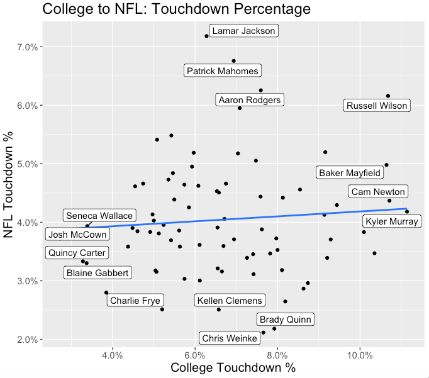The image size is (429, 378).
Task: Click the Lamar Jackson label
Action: tap(243, 31)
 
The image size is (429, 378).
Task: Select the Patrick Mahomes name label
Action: tap(223, 71)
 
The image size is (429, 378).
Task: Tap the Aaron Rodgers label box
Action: tap(250, 100)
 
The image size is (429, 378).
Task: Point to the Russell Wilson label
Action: tap(377, 106)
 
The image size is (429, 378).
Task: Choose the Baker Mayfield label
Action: tap(349, 172)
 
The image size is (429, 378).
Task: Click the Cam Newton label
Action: tap(379, 192)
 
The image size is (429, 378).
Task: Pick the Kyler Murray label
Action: tap(391, 221)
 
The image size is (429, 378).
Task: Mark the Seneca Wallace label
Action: tap(99, 216)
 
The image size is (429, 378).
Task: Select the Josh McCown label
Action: tap(78, 235)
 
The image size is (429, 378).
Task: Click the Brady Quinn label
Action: tap(284, 320)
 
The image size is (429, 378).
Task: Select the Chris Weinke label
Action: tap(230, 338)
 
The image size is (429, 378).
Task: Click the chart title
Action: tap(177, 9)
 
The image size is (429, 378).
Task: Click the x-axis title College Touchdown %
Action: tap(229, 367)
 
